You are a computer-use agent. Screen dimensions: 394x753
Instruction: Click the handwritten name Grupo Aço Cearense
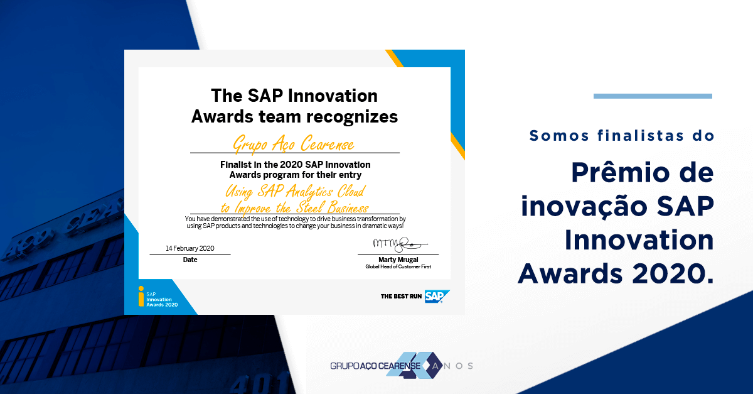point(294,144)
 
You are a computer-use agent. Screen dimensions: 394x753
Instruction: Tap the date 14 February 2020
point(190,248)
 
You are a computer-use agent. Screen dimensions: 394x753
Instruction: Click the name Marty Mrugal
point(398,260)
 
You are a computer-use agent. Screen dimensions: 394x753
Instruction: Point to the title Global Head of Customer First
point(398,267)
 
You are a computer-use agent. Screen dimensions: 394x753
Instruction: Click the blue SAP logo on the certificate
point(437,296)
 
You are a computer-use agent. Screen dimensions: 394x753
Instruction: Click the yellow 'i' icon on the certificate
point(141,296)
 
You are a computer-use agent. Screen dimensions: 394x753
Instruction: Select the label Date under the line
point(190,260)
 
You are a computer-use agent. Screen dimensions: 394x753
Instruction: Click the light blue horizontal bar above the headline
point(653,96)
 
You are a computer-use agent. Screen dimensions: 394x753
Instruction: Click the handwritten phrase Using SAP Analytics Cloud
point(294,191)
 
